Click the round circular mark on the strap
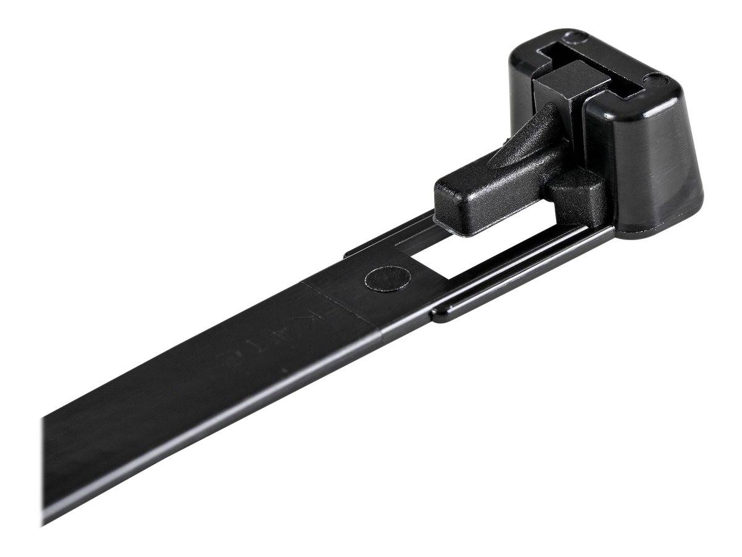point(379,279)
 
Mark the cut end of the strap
point(45,470)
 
